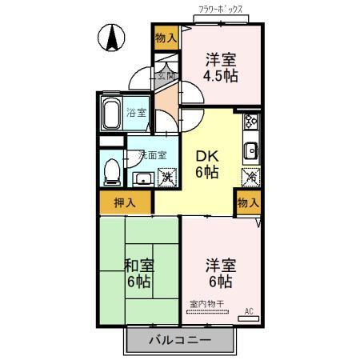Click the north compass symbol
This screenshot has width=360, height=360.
point(112,37)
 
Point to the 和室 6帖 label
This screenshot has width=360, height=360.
point(138,274)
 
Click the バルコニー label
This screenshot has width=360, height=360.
point(179,340)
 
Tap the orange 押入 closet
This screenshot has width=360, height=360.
point(124,203)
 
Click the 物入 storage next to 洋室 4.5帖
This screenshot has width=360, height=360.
point(166,38)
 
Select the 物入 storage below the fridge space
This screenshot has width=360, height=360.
point(248,203)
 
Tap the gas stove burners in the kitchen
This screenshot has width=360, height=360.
point(250,122)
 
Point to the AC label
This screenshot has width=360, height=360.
point(248,310)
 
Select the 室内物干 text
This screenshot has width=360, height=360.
point(206,304)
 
